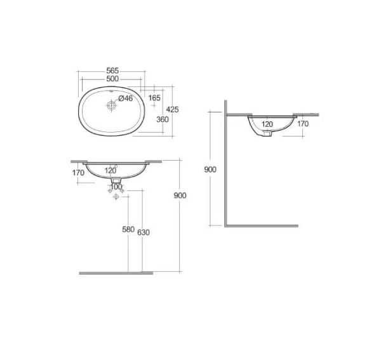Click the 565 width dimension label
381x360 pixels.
click(112, 70)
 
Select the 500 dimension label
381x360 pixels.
click(112, 79)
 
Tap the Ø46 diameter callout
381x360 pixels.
click(126, 98)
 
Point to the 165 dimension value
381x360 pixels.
click(154, 98)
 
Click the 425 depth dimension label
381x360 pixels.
click(172, 110)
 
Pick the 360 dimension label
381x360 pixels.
click(163, 119)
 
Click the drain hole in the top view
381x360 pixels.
click(112, 105)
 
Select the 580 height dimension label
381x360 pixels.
click(128, 229)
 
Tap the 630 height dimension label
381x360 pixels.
click(144, 232)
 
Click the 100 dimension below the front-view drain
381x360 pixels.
click(116, 187)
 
